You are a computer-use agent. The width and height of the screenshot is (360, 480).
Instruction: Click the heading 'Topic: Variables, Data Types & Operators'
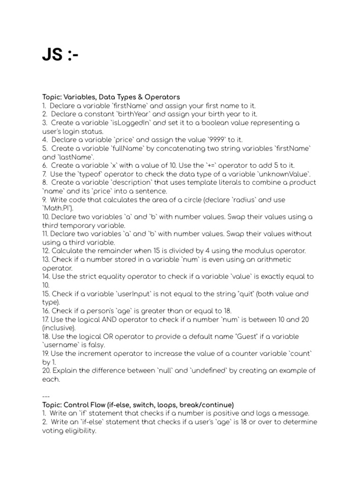click(x=111, y=97)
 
